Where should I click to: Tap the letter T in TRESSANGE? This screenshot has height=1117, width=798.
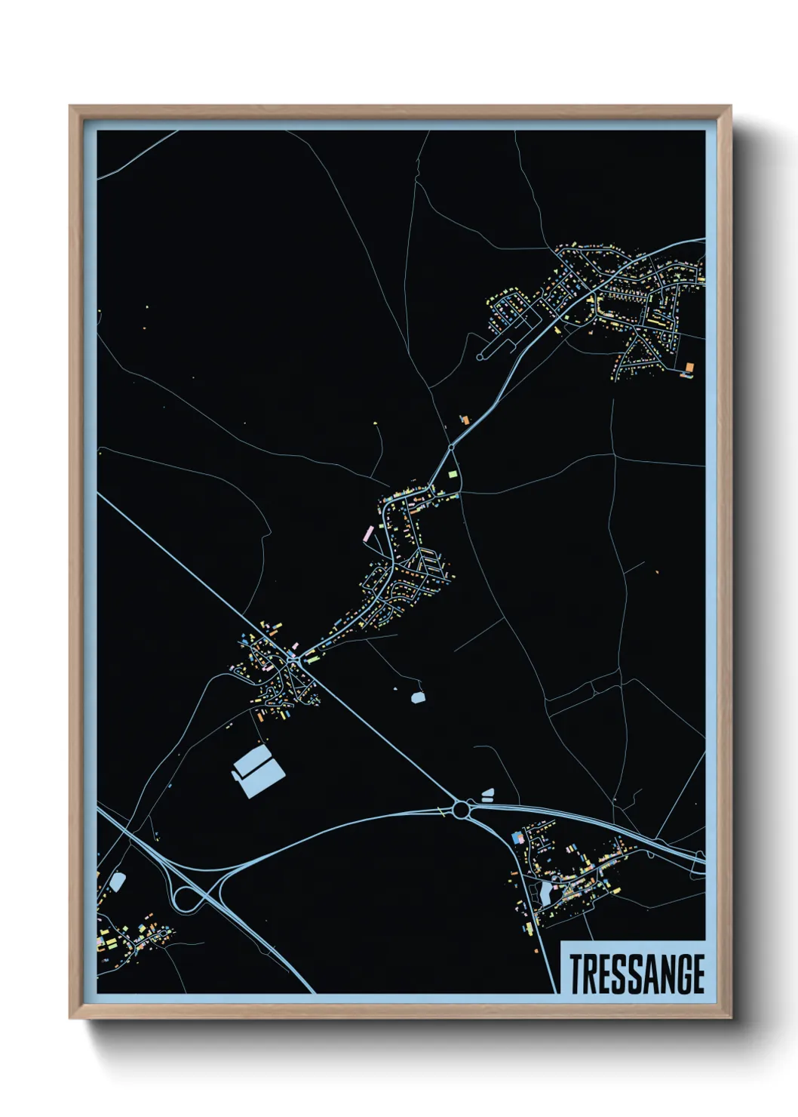[576, 974]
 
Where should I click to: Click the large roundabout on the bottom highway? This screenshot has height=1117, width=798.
[460, 811]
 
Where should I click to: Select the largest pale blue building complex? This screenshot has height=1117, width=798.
[259, 771]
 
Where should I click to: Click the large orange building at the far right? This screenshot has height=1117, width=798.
[689, 368]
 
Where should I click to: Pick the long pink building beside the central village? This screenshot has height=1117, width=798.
[369, 534]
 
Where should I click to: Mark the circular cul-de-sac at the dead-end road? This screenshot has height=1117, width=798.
[481, 355]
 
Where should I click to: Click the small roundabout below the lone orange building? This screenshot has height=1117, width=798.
[451, 448]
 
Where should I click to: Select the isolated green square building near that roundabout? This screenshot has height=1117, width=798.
[453, 474]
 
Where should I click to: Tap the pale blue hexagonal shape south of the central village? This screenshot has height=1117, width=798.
[418, 697]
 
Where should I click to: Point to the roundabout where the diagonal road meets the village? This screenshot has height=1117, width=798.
[292, 660]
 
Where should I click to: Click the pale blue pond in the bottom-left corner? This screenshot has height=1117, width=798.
[117, 882]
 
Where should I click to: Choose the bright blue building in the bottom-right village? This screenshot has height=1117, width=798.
[517, 838]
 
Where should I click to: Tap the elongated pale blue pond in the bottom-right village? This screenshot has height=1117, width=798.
[545, 894]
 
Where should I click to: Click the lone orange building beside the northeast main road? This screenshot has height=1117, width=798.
[465, 418]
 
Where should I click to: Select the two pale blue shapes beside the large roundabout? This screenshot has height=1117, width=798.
[487, 794]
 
